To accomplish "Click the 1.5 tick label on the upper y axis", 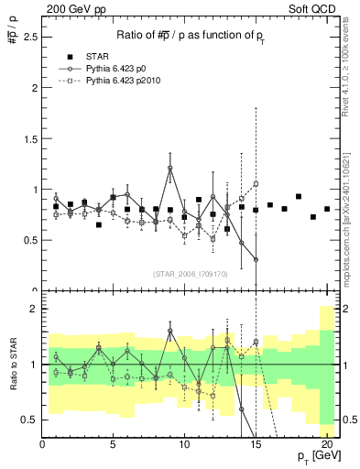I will pyautogui.click(x=28, y=139).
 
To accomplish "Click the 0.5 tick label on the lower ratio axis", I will pyautogui.click(x=28, y=420).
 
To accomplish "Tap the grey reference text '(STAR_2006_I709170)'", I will pyautogui.click(x=191, y=273).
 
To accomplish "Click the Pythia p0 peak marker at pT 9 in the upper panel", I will pyautogui.click(x=170, y=168).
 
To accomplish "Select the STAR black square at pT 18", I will pyautogui.click(x=299, y=196).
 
